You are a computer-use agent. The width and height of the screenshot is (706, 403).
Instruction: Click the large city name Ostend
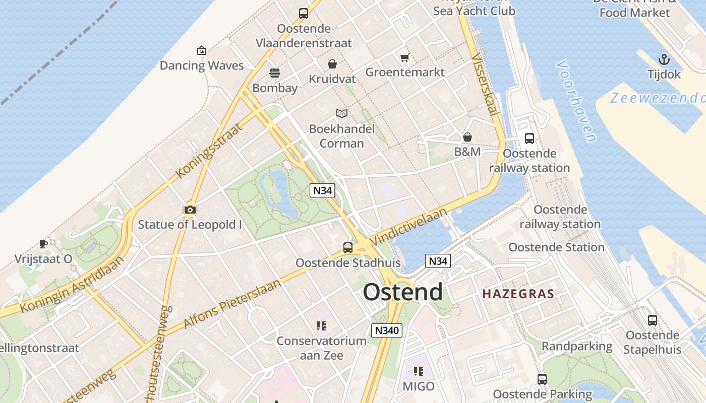[x=402, y=292]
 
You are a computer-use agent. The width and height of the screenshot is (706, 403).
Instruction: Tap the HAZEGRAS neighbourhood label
[x=518, y=294]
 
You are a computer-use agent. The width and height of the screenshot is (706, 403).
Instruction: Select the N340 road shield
[x=387, y=330]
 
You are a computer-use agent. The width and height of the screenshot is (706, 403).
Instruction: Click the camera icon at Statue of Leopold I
[x=190, y=210]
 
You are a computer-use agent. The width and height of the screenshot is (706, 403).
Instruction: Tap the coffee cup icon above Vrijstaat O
[x=43, y=244]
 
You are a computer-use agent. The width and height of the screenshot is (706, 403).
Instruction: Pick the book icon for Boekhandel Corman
[x=342, y=114]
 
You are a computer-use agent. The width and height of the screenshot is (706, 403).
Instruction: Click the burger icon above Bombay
[x=275, y=73]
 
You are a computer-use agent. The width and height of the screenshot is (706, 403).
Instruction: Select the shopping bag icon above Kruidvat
[x=332, y=64]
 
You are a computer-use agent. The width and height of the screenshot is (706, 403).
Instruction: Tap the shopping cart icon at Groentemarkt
[x=404, y=57]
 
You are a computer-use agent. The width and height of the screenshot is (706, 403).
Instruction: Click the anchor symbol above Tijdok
[x=664, y=59]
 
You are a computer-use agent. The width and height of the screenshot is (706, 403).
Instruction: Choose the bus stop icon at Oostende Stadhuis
[x=348, y=247]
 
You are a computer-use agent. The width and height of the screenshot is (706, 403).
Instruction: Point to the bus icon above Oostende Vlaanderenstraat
[x=303, y=14]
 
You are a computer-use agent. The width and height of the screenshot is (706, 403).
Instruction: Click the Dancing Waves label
[x=202, y=65]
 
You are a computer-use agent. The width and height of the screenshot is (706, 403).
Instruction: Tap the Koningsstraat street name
[x=209, y=150]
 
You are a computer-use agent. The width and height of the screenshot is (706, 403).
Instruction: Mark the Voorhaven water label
[x=576, y=101]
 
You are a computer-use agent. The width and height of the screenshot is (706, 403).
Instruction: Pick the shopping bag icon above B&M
[x=467, y=137]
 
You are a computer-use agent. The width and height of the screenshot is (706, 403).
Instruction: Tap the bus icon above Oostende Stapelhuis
[x=653, y=320]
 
